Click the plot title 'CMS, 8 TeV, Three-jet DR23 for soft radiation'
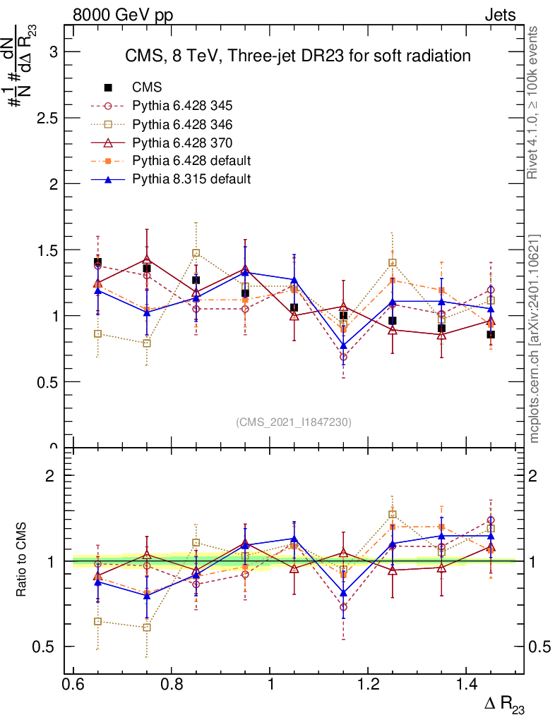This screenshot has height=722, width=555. click(x=297, y=56)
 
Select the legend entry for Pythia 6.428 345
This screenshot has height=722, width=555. click(x=182, y=106)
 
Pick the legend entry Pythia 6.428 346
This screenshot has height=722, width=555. click(x=182, y=124)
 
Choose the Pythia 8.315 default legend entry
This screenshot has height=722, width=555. click(x=191, y=179)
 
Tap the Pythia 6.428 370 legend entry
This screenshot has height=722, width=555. click(x=182, y=142)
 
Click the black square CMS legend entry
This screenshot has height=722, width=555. click(x=147, y=87)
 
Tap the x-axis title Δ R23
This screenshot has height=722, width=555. click(x=504, y=705)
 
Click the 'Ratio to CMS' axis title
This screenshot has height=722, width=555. click(x=22, y=561)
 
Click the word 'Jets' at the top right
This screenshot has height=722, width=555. click(x=500, y=15)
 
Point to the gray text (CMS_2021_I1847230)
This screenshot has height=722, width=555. click(x=294, y=422)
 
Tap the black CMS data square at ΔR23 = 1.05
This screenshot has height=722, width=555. click(x=294, y=308)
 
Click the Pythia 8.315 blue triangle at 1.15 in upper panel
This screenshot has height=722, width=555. click(x=343, y=345)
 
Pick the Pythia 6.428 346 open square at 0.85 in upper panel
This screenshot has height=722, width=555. click(x=196, y=253)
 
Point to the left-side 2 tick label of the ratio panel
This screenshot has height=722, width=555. click(x=50, y=475)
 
